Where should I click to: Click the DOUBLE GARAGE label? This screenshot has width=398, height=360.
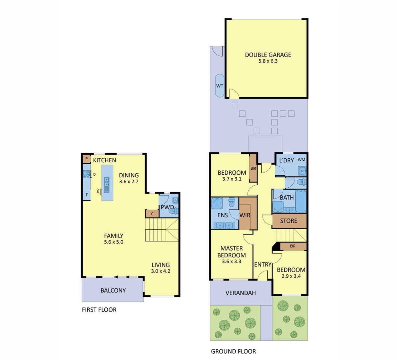[268, 55]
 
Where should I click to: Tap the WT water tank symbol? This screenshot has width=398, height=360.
[219, 86]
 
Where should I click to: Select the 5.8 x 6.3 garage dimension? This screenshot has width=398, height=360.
[268, 61]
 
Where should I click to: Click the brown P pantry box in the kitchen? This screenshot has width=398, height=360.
[87, 159]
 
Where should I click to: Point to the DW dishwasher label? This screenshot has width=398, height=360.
[98, 192]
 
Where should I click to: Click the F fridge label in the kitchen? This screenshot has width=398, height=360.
[87, 195]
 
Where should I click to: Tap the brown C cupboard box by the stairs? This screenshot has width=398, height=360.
[152, 214]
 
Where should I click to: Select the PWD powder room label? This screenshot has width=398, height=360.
[168, 207]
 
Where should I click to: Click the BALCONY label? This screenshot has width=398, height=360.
[113, 290]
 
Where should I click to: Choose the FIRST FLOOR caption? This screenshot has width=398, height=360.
[99, 310]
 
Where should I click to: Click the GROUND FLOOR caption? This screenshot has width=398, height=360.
[233, 351]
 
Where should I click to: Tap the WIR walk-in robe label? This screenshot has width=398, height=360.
[245, 215]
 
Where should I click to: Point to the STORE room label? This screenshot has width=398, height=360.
[289, 221]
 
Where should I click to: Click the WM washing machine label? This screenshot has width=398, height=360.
[301, 160]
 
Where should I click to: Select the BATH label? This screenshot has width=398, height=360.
[287, 198]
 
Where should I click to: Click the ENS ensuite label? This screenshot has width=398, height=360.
[222, 215]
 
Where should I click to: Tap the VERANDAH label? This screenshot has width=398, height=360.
[240, 293]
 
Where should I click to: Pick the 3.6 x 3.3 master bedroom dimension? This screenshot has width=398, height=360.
[231, 262]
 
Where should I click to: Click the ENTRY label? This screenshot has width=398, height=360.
[263, 265]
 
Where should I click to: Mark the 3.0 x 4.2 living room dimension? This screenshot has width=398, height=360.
[161, 271]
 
